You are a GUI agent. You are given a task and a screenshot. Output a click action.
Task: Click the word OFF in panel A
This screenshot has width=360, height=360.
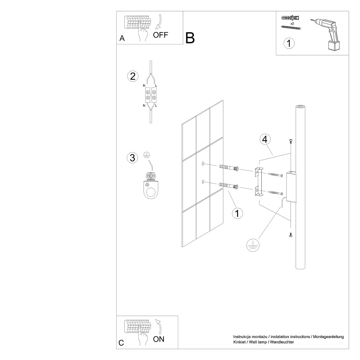160,35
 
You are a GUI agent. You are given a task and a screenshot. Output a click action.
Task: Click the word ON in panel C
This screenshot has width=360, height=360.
159,339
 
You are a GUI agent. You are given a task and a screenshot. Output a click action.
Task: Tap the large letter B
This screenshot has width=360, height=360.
190,38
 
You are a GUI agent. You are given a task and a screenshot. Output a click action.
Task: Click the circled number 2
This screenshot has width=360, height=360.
133,76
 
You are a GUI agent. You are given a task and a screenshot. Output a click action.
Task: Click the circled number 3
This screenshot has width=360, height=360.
133,157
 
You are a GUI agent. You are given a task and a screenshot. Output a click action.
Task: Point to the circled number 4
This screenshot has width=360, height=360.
265,139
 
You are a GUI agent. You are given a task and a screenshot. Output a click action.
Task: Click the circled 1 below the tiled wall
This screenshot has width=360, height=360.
237,213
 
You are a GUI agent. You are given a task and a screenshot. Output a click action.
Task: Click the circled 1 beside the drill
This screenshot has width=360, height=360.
289,43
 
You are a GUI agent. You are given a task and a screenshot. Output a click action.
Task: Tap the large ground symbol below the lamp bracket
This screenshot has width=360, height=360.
253,245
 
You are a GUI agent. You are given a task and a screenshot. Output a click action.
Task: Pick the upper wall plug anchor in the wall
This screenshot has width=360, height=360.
229,167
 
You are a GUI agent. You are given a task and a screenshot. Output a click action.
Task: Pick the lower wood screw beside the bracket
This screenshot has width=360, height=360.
275,192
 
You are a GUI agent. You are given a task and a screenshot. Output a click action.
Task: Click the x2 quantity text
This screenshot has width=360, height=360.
292,23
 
